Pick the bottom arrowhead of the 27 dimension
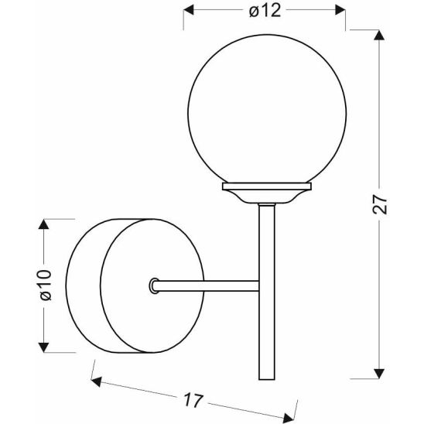pyautogui.click(x=377, y=374)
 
